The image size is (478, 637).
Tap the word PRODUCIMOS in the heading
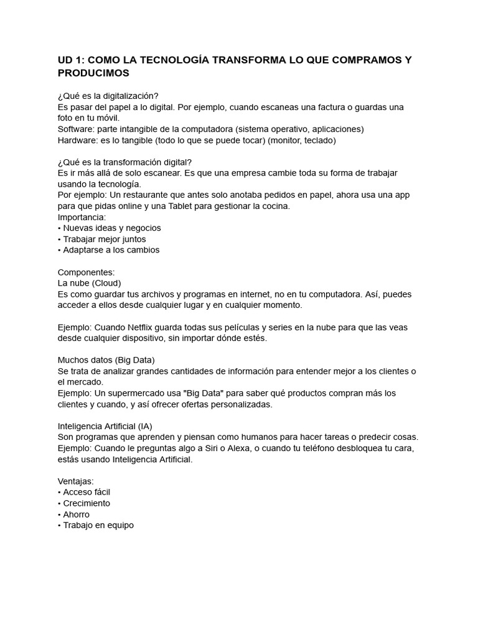93,73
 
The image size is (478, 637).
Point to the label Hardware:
78,141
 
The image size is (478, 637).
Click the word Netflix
144,327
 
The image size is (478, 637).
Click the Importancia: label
82,217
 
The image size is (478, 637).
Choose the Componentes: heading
87,272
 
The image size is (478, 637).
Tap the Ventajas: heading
76,481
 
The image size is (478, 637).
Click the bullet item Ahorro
76,514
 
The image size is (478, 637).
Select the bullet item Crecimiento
87,503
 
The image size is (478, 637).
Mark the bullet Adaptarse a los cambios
111,250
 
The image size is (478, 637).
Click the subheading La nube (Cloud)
89,283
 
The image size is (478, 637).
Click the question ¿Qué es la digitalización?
108,96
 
